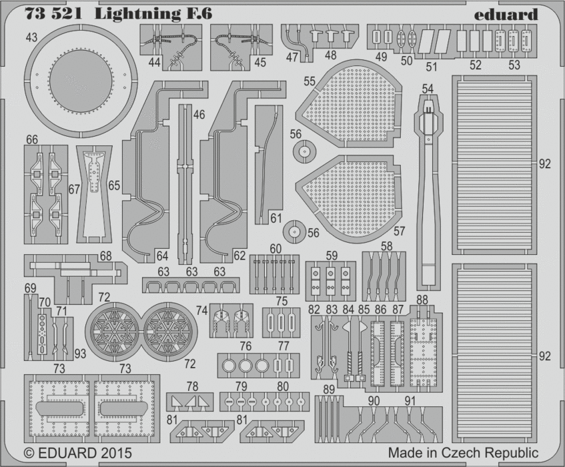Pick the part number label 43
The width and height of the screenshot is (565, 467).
click(x=31, y=38)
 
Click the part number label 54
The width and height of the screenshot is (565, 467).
click(x=428, y=88)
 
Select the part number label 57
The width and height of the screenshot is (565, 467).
click(x=399, y=231)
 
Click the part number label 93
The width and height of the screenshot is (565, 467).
click(x=80, y=353)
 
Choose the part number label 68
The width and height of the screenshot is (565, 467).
click(x=106, y=256)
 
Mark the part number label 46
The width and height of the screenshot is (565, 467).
click(x=199, y=114)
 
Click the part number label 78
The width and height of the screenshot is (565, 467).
click(x=192, y=386)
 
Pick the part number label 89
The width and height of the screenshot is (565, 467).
click(x=328, y=390)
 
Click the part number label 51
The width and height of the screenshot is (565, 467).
click(x=432, y=67)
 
